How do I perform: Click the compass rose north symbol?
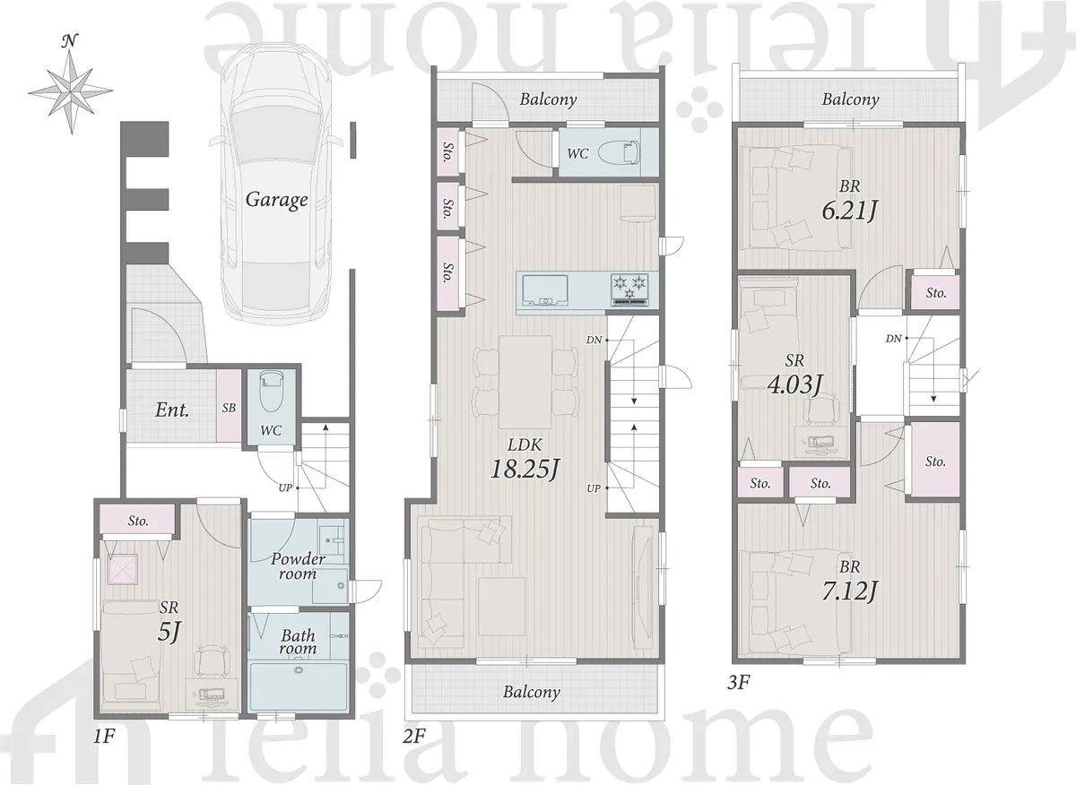(71, 85)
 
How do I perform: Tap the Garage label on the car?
(277, 200)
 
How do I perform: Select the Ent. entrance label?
(172, 410)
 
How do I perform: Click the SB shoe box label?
(230, 408)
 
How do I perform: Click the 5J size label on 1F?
(169, 633)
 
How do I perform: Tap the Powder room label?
(298, 566)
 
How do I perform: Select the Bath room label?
(299, 642)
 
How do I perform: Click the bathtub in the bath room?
(299, 687)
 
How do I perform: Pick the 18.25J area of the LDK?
(525, 469)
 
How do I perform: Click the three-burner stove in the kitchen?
(629, 289)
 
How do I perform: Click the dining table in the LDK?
(525, 382)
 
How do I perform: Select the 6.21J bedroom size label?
(850, 211)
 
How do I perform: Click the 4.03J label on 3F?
(794, 384)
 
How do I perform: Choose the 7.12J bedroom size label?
(850, 591)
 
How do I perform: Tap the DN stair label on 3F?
(893, 339)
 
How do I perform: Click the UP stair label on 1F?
(285, 487)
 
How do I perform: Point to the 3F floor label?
(738, 682)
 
